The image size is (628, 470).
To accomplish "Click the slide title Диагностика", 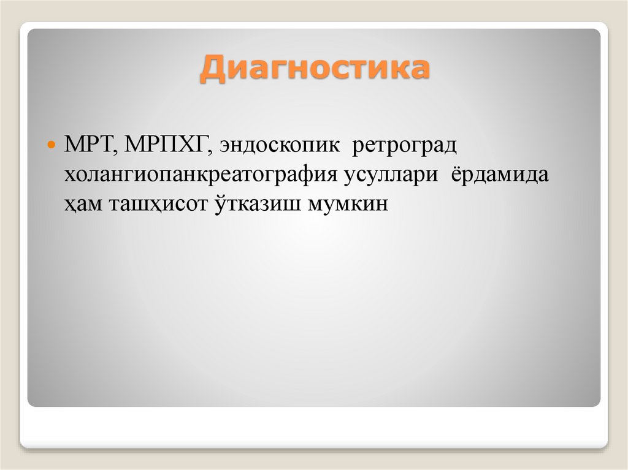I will click(314, 69).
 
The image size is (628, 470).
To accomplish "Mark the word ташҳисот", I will click(158, 204).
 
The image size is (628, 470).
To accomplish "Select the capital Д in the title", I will click(212, 69).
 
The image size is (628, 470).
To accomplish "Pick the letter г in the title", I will click(276, 69).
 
